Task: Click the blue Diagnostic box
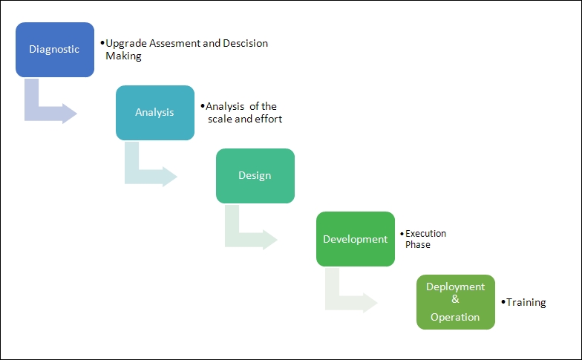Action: (x=55, y=50)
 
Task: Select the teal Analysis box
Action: (x=155, y=113)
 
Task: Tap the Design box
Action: (x=255, y=176)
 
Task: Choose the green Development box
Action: (x=356, y=239)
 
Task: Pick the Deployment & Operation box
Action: (x=456, y=302)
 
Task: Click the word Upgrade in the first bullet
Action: (x=126, y=44)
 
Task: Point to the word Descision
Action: (x=245, y=43)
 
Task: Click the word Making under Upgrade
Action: (x=123, y=56)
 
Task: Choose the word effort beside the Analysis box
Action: (x=269, y=119)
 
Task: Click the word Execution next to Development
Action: (x=426, y=233)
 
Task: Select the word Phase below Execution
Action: (x=418, y=245)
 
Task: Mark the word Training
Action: (x=526, y=303)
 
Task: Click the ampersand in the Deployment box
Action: (x=456, y=299)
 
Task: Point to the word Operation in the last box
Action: (x=455, y=318)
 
